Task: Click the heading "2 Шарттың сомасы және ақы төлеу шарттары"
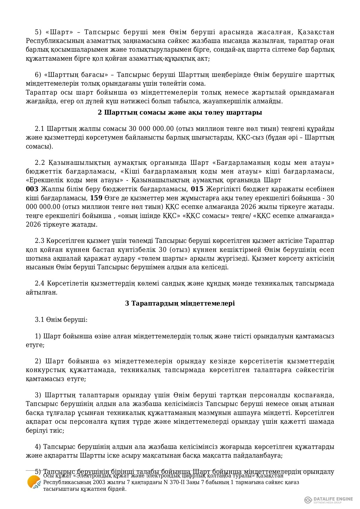click(x=180, y=112)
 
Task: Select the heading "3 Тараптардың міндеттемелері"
click(x=180, y=303)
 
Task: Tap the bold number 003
click(x=32, y=189)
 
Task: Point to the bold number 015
click(x=197, y=189)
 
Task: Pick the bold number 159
click(x=96, y=198)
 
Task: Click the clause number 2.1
click(x=39, y=129)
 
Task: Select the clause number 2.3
click(x=39, y=241)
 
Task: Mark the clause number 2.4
click(x=39, y=283)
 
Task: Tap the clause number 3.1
click(x=39, y=320)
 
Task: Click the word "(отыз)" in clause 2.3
click(x=179, y=250)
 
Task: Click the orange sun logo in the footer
click(x=34, y=483)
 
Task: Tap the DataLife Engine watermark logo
click(x=328, y=500)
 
